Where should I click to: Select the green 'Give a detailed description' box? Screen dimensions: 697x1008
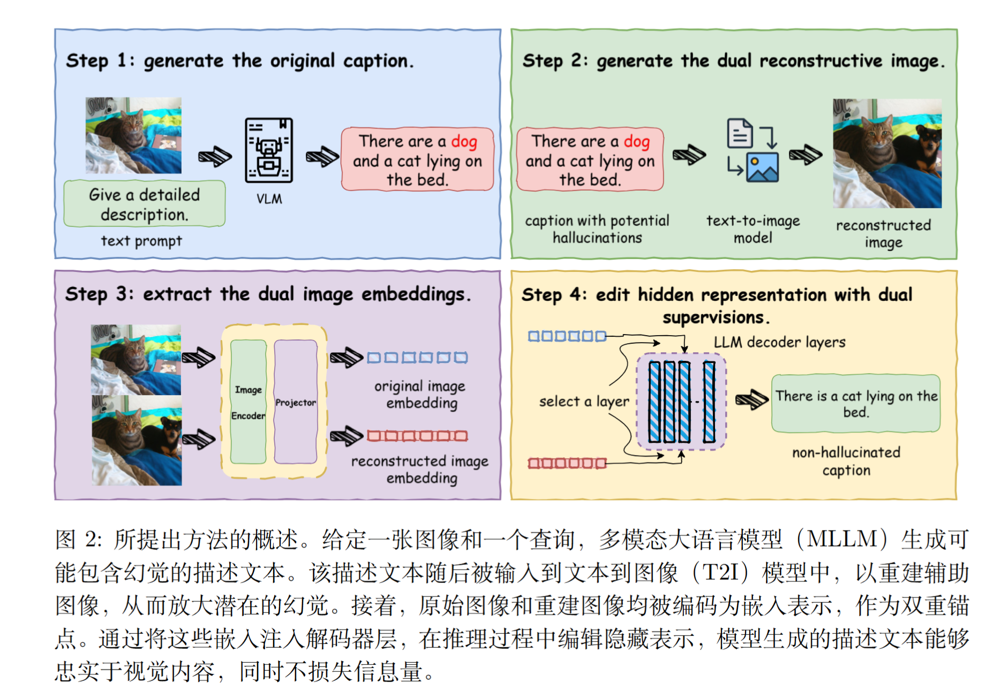[x=144, y=204]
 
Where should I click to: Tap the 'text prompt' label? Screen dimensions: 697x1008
[x=141, y=241]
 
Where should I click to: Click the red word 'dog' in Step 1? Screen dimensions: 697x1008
[x=464, y=141]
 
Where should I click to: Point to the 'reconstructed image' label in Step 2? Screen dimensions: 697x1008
[x=883, y=233]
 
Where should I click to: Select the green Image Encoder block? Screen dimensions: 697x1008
[x=248, y=402]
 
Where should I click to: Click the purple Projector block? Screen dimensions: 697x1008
[x=296, y=402]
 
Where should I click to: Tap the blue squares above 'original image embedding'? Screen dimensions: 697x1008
[x=417, y=358]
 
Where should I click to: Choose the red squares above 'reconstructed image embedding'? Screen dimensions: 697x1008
[x=417, y=436]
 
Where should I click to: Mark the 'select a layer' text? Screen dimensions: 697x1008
[x=584, y=401]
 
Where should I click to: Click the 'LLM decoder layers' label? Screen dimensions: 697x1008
[x=779, y=342]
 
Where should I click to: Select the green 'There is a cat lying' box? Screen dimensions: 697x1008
[x=856, y=404]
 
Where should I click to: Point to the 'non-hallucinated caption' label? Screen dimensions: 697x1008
[x=846, y=461]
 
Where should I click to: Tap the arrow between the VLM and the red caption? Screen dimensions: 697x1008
[x=322, y=156]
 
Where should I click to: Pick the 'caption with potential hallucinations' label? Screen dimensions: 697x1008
[x=597, y=229]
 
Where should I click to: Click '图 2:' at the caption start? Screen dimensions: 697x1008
[x=78, y=540]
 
